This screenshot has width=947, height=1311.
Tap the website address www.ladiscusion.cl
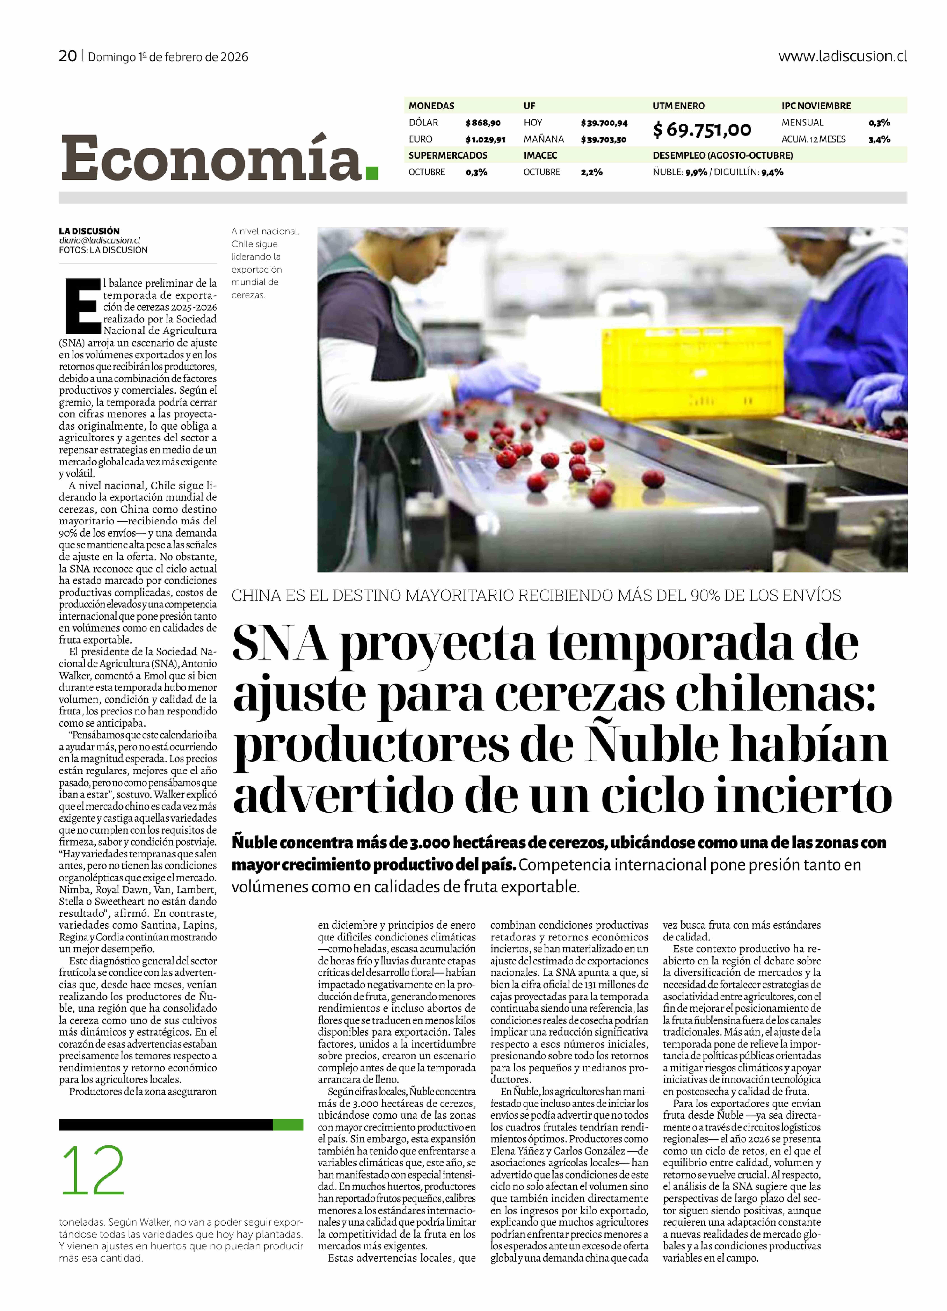pyautogui.click(x=842, y=56)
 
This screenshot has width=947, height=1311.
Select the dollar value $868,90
pyautogui.click(x=483, y=122)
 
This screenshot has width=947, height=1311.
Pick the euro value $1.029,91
pyautogui.click(x=485, y=139)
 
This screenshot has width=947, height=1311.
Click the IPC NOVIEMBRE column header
pyautogui.click(x=816, y=106)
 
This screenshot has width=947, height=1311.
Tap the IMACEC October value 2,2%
pyautogui.click(x=591, y=172)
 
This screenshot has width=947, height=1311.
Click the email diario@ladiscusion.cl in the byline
pyautogui.click(x=99, y=241)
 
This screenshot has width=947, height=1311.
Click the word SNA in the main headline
pyautogui.click(x=280, y=643)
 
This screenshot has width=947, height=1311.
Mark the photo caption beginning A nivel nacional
pyautogui.click(x=265, y=263)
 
